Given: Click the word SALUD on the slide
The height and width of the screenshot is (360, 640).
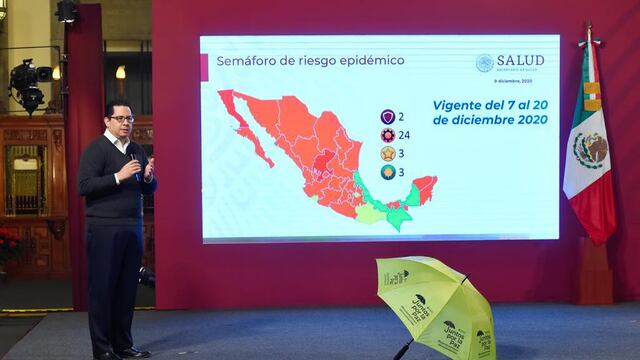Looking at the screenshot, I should click(x=524, y=61).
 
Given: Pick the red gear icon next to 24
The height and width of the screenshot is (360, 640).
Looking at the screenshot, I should click(x=387, y=134).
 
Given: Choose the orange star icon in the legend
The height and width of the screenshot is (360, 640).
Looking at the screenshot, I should click(x=387, y=153).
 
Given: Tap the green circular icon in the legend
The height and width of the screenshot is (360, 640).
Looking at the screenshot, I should click(x=387, y=172).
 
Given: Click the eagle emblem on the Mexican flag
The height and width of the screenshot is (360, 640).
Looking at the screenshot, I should click(x=590, y=150).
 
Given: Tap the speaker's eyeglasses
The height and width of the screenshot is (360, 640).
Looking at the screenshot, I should click(x=122, y=119).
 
